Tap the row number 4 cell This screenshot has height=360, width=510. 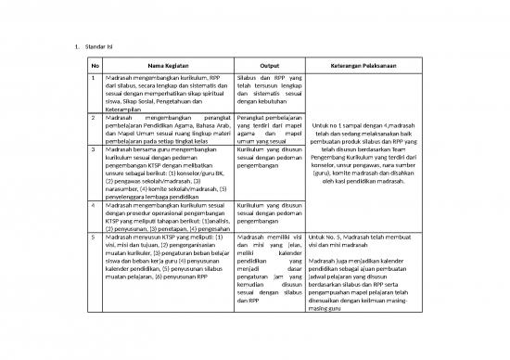coord(94,203)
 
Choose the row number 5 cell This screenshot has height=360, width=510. coord(94,238)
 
